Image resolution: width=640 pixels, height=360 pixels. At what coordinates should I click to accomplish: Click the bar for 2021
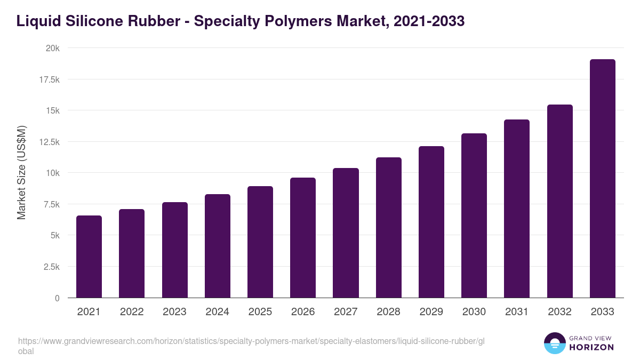click(x=89, y=257)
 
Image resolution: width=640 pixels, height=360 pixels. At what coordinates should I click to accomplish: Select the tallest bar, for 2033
click(x=602, y=179)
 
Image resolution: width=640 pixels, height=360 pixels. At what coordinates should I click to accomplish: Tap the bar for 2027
click(x=346, y=233)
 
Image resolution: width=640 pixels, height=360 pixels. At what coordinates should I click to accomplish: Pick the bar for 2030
click(x=474, y=215)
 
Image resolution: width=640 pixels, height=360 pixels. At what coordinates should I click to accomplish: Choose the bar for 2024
click(x=218, y=246)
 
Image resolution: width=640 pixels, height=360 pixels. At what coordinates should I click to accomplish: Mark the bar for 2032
click(x=559, y=201)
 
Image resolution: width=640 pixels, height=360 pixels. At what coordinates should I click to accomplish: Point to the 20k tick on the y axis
click(x=52, y=48)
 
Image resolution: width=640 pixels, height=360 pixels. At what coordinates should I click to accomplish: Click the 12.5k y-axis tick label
click(x=49, y=142)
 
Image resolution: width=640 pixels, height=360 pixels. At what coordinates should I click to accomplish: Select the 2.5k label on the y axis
click(x=51, y=267)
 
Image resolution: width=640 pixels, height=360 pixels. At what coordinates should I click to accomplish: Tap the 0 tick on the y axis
click(x=57, y=298)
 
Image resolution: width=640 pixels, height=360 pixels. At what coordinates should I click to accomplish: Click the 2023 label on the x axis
click(x=174, y=312)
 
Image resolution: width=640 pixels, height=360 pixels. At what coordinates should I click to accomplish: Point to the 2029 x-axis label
click(x=431, y=312)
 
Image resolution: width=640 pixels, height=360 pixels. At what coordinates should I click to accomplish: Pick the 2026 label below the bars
click(x=303, y=312)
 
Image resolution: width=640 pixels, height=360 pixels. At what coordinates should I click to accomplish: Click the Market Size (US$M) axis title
click(x=21, y=173)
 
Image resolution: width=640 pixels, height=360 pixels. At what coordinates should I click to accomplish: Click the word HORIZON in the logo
click(x=591, y=347)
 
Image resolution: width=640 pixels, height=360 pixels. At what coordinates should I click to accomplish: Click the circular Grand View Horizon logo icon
click(x=554, y=343)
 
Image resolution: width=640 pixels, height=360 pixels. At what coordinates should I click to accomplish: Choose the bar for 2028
click(x=388, y=228)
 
